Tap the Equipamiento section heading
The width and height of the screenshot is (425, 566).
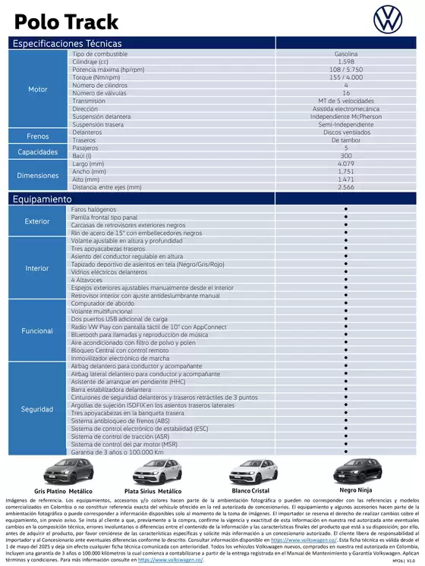coord(42,199)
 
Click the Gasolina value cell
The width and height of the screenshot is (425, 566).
coord(346,55)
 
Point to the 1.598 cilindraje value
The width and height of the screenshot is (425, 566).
coord(346,62)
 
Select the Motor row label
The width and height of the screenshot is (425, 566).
coord(38,89)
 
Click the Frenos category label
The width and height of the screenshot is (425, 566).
coord(38,136)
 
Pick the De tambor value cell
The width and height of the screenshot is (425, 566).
coord(346,140)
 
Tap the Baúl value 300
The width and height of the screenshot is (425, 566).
coord(346,155)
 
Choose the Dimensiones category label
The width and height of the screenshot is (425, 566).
coord(38,175)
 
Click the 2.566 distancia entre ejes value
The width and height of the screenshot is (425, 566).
coord(346,186)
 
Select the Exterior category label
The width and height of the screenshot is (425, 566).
coord(38,221)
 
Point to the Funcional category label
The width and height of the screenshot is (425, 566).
coord(38,331)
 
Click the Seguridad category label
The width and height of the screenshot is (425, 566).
coord(38,409)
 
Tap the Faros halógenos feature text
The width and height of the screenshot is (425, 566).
coord(94,209)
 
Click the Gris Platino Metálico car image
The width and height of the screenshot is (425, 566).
coord(63,472)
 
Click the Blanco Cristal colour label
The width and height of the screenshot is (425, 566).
coord(250,490)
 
